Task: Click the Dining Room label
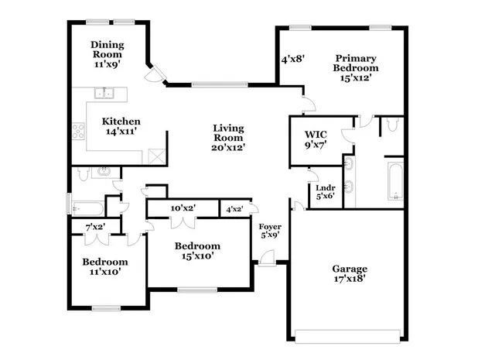tap(107, 55)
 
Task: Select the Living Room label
tap(229, 137)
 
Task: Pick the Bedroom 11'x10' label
tap(104, 266)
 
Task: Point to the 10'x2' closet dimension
tap(183, 207)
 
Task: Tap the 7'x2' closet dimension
tap(95, 226)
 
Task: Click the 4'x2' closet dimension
tap(234, 209)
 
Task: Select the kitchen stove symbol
tap(78, 132)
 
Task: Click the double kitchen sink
tap(106, 94)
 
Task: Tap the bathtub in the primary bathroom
tap(394, 182)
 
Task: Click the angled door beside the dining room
tap(155, 76)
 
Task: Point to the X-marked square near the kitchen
tap(155, 156)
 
